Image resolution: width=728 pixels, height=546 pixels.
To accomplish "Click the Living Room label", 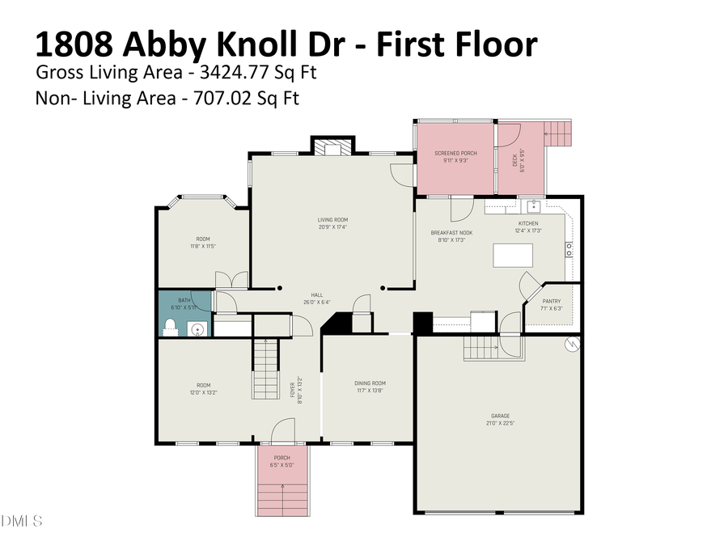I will point(332,219).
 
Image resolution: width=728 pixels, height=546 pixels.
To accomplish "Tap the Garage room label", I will point(500,416).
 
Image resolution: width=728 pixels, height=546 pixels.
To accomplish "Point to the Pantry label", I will point(552,301).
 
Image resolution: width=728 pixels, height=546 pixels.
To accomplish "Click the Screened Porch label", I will point(455,153).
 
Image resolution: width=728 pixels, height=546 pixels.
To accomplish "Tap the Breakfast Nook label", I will point(451,233).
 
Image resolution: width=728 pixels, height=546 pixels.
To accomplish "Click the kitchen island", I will point(514,256).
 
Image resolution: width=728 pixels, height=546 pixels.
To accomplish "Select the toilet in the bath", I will point(170,327).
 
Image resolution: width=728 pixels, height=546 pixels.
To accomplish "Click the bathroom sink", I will point(196,328).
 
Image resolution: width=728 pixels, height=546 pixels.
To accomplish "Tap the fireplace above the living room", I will point(332,147).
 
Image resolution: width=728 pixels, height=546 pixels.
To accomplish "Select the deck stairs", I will point(558,133).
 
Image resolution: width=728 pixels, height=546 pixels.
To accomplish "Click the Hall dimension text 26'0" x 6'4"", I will point(316,303).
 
